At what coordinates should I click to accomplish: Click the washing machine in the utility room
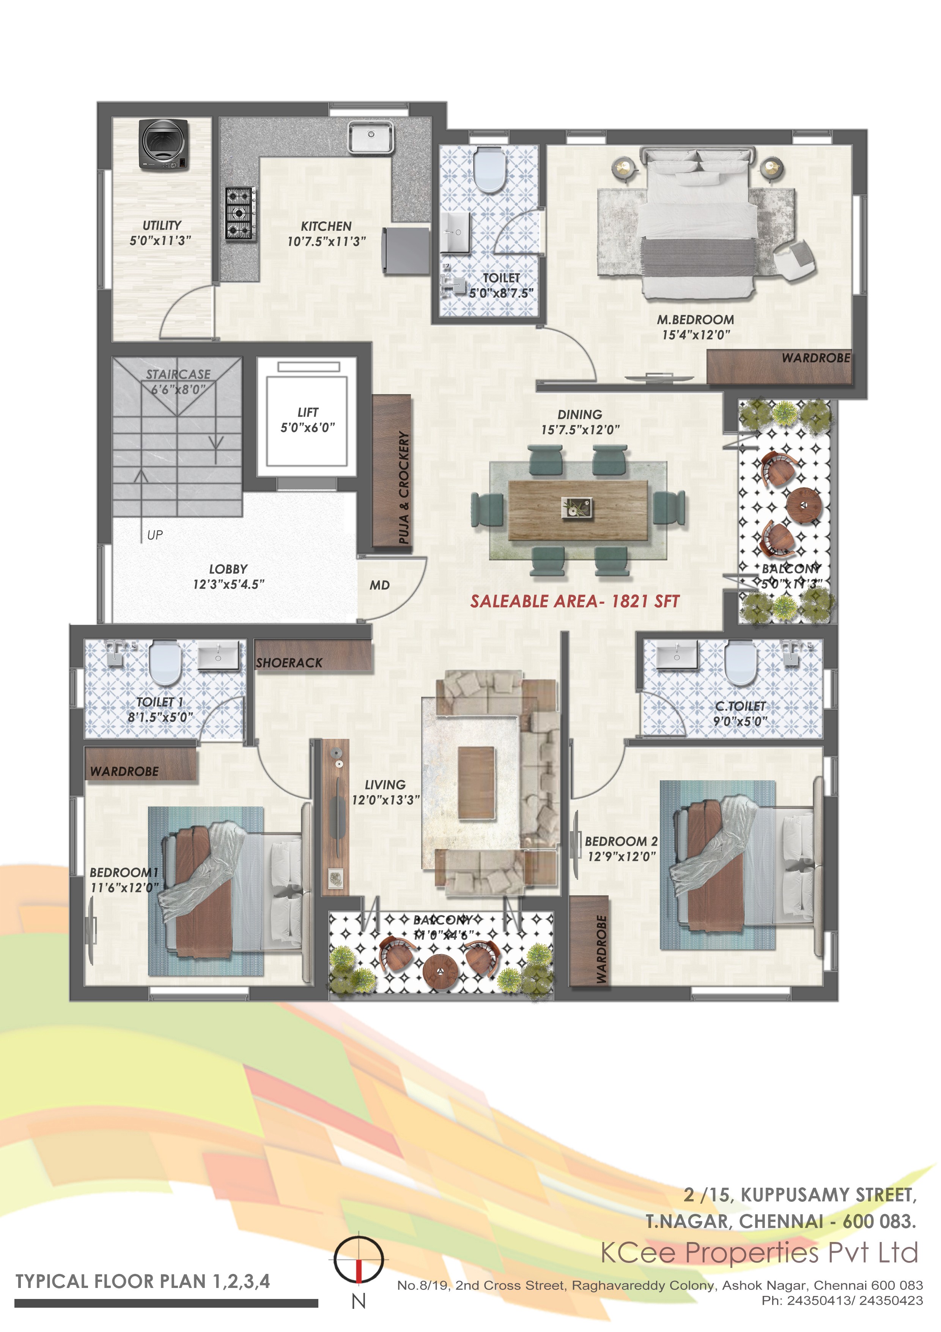[164, 145]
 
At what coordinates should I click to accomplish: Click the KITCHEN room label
[326, 226]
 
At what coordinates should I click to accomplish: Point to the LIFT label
[308, 412]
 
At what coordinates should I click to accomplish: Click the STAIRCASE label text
[178, 374]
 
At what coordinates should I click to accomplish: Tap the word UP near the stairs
[155, 535]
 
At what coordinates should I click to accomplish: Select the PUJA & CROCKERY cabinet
[392, 471]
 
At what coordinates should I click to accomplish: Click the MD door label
[380, 586]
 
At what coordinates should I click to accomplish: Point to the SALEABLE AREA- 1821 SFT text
[574, 601]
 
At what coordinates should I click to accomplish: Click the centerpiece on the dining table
[578, 508]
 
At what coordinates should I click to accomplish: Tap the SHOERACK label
[289, 663]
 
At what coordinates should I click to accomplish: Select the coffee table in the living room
[477, 783]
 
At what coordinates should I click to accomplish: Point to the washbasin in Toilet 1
[218, 655]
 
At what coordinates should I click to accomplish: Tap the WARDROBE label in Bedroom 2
[601, 949]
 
